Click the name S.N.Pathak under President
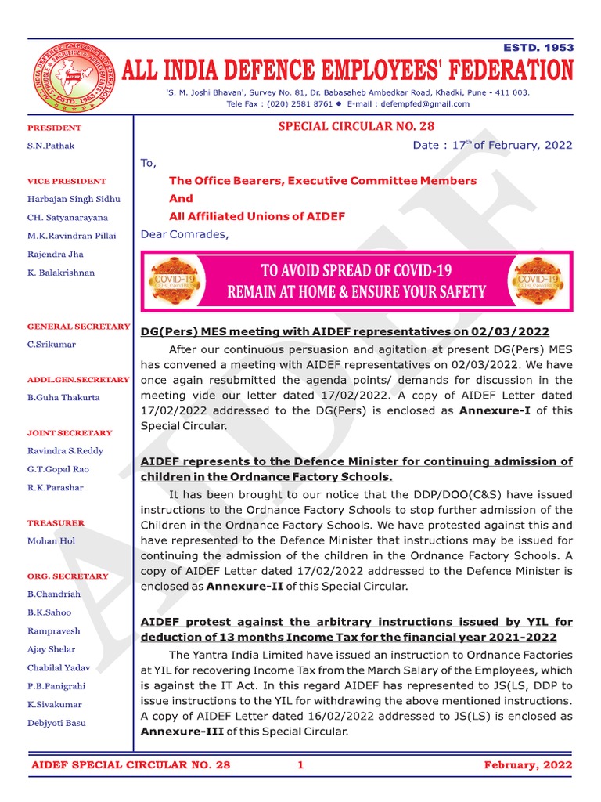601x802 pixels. [51, 146]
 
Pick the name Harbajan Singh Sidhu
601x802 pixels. [74, 199]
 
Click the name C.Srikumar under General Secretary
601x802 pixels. [52, 345]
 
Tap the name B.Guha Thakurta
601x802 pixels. [64, 398]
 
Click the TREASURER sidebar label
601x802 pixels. [56, 522]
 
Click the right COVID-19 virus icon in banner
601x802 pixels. [538, 281]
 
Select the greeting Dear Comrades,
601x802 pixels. [185, 234]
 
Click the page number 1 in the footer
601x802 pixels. [300, 765]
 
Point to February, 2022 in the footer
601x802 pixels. [527, 765]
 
